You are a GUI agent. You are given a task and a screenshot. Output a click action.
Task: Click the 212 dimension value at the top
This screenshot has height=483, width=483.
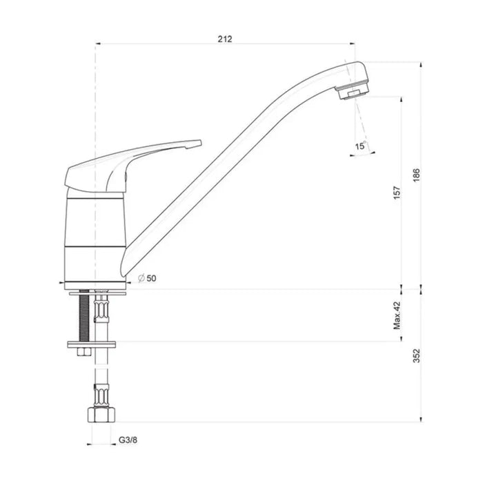(225, 39)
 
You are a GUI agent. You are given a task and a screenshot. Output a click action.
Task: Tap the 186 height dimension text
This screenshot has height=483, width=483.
(416, 175)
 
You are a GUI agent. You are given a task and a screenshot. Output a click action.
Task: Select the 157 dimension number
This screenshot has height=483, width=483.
(397, 193)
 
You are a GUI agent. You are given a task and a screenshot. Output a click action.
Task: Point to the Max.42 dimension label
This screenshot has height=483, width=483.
(397, 315)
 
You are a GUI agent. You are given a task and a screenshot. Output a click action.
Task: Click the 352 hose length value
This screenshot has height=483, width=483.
(416, 355)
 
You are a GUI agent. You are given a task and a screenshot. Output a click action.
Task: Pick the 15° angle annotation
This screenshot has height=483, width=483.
(361, 146)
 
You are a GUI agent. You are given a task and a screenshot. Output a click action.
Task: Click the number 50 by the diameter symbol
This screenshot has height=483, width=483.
(151, 279)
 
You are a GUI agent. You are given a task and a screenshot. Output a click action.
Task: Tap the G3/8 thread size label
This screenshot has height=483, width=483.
(128, 440)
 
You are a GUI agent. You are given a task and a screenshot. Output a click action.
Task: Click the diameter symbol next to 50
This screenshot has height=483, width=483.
(141, 279)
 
